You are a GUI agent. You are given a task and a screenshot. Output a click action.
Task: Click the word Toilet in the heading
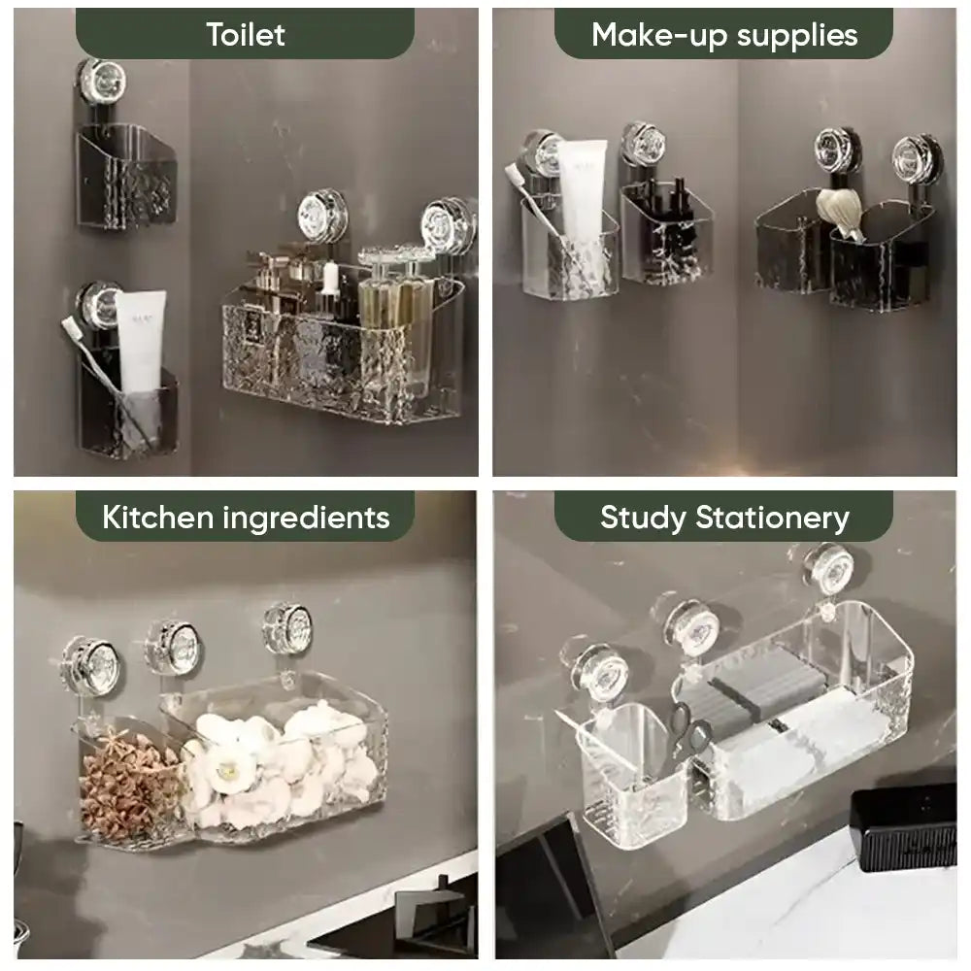pos(246,35)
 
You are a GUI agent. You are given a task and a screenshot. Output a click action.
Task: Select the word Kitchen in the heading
pos(158,518)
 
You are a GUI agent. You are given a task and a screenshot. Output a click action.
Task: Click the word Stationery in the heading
pos(772,519)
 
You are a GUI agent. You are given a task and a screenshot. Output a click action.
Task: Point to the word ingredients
pos(306,519)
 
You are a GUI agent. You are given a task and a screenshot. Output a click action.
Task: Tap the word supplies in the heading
pos(797,37)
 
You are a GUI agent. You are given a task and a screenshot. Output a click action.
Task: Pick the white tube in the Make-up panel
pos(582,189)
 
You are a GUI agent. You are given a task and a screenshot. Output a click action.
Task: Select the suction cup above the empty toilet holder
pos(101,82)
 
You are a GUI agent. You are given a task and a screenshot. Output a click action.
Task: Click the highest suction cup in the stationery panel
pos(828,568)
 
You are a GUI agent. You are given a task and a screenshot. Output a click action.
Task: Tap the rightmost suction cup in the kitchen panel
pos(287,627)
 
